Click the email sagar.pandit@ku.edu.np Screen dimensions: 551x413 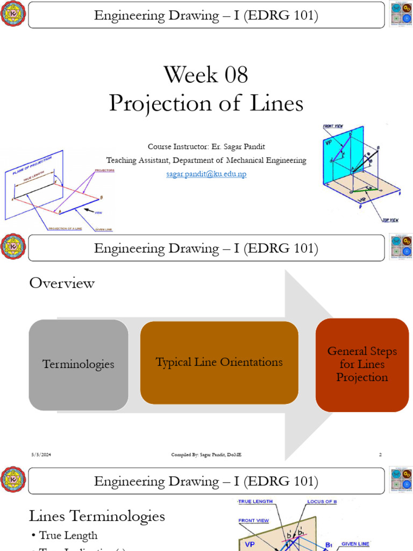(206, 174)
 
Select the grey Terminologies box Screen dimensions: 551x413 (79, 364)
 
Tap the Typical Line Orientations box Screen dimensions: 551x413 (219, 362)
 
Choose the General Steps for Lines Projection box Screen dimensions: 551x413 (362, 364)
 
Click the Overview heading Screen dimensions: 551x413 (62, 283)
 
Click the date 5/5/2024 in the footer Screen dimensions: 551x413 (41, 455)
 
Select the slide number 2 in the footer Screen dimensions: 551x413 (380, 455)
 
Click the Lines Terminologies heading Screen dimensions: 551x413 (97, 517)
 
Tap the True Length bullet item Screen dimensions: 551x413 (68, 535)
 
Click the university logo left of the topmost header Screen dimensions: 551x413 (13, 13)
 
